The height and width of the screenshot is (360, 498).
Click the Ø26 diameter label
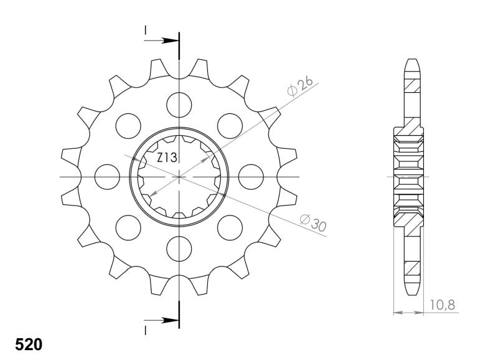(x=300, y=86)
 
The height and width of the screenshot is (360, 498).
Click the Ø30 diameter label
(x=313, y=223)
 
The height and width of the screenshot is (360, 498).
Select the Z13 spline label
(x=167, y=158)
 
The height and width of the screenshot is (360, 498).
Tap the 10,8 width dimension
(x=443, y=305)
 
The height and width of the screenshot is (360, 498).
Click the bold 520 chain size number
(x=29, y=345)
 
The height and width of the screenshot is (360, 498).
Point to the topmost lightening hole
(x=179, y=105)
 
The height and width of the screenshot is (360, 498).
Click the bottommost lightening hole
(x=179, y=249)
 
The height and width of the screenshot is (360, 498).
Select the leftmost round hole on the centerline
(x=107, y=177)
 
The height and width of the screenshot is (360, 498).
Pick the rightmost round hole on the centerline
(x=251, y=177)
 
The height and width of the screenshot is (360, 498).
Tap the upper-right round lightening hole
(x=230, y=126)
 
